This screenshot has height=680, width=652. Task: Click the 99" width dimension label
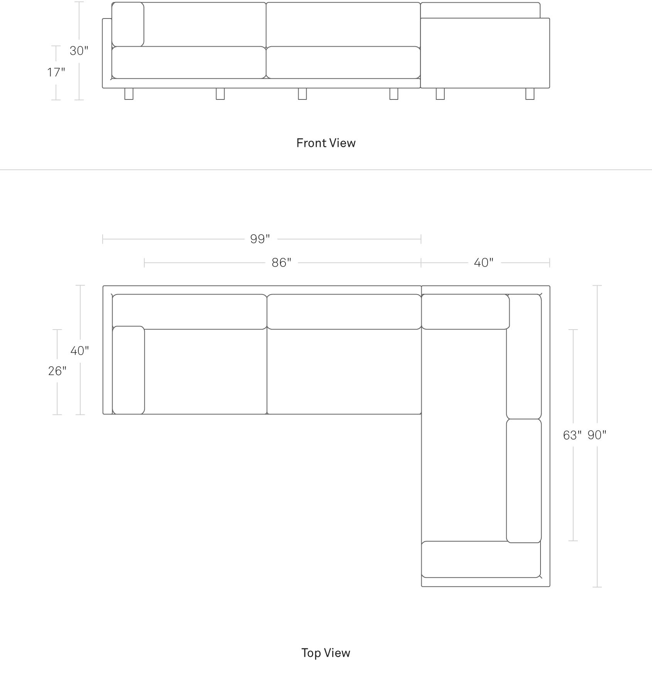pyautogui.click(x=260, y=239)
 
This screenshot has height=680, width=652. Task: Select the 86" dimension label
pyautogui.click(x=282, y=263)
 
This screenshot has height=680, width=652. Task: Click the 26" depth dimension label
pyautogui.click(x=57, y=371)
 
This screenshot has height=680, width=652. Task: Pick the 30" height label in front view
pyautogui.click(x=79, y=50)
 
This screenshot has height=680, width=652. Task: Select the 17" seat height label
pyautogui.click(x=56, y=72)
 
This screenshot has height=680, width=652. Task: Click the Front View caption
pyautogui.click(x=326, y=143)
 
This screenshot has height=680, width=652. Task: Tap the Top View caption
pyautogui.click(x=326, y=653)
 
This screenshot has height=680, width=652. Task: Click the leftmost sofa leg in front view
pyautogui.click(x=129, y=94)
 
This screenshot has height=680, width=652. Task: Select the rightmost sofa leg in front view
pyautogui.click(x=530, y=94)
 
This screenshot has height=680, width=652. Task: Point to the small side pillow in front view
pyautogui.click(x=128, y=24)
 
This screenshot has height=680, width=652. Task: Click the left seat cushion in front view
pyautogui.click(x=189, y=62)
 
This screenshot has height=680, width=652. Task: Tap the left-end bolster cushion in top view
pyautogui.click(x=128, y=370)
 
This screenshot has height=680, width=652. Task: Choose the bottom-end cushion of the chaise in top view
pyautogui.click(x=481, y=559)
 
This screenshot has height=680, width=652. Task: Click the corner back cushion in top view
pyautogui.click(x=465, y=312)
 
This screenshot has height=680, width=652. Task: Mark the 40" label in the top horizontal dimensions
pyautogui.click(x=484, y=263)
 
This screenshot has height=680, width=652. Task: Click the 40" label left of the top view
pyautogui.click(x=80, y=350)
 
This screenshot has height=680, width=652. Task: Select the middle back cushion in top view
pyautogui.click(x=344, y=312)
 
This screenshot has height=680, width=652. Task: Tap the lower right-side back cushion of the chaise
pyautogui.click(x=524, y=481)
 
